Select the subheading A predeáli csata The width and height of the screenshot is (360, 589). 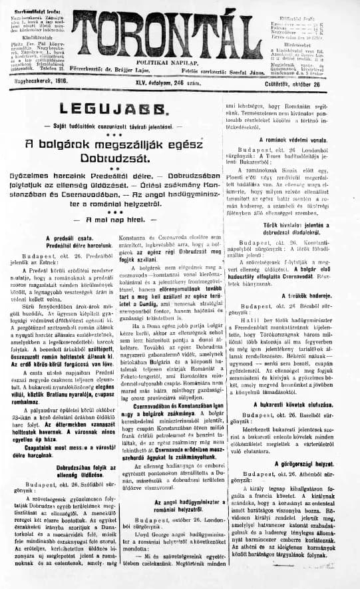click(66, 237)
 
